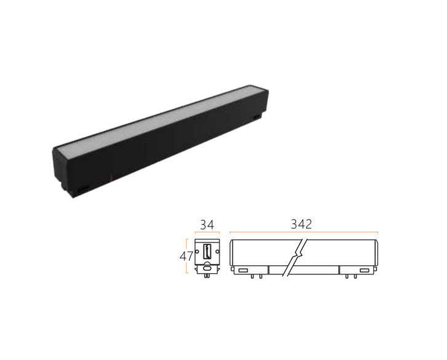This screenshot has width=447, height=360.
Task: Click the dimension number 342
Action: (301, 224)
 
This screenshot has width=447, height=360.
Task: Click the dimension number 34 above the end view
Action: (207, 225)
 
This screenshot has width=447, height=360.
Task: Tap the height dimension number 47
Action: (186, 257)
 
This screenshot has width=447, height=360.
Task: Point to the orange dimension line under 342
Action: (304, 233)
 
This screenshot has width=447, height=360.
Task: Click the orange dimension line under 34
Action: (207, 233)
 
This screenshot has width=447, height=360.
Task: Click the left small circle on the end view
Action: (197, 251)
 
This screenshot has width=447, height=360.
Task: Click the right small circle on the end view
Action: (218, 251)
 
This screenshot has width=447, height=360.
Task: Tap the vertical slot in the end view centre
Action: (207, 251)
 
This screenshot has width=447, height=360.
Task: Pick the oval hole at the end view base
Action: (207, 268)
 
